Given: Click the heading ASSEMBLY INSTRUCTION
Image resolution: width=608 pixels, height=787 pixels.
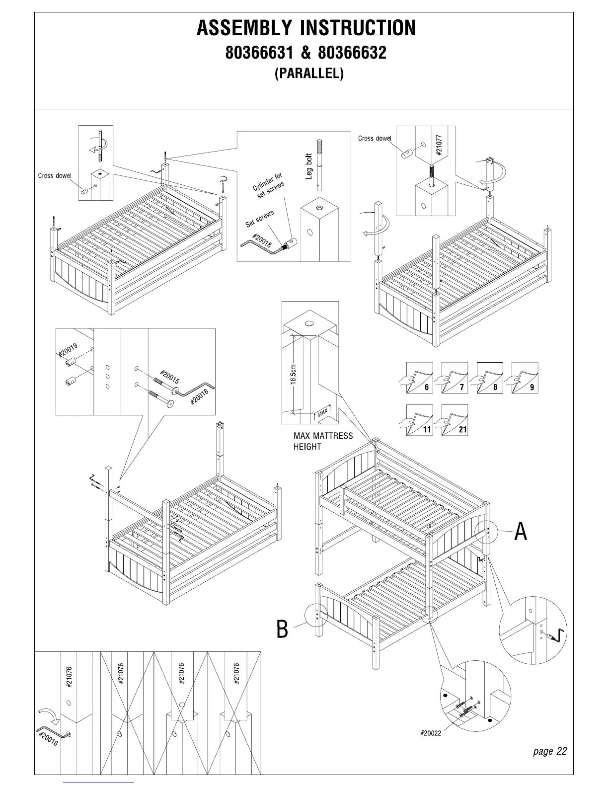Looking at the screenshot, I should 306,28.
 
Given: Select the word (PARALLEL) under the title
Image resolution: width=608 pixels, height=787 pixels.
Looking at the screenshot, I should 309,74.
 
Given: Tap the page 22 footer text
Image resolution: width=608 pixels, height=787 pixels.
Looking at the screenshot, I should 549,751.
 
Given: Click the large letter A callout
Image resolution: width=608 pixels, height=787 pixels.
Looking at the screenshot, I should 520,532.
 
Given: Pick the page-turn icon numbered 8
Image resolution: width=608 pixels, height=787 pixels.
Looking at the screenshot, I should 490,378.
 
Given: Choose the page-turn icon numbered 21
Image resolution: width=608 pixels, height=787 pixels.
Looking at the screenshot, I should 455,420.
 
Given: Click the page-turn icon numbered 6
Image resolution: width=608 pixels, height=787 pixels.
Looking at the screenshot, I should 420,378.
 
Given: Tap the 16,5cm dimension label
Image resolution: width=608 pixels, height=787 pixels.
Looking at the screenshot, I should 293,374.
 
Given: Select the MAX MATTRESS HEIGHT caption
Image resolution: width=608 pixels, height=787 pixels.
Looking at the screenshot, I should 323,441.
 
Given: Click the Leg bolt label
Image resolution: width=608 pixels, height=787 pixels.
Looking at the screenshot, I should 309,166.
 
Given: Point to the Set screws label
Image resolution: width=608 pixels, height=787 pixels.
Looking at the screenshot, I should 260,219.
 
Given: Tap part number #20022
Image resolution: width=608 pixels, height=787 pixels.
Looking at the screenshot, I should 430,733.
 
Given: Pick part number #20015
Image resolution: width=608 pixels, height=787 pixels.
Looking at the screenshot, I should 170,376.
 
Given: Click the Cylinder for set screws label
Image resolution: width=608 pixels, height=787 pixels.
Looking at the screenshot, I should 268,186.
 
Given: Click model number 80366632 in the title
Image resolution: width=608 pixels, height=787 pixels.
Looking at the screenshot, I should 352,52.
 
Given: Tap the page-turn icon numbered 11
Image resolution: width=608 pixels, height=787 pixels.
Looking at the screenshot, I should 420,420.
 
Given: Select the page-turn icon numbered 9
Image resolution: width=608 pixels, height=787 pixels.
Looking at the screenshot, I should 525,378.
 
